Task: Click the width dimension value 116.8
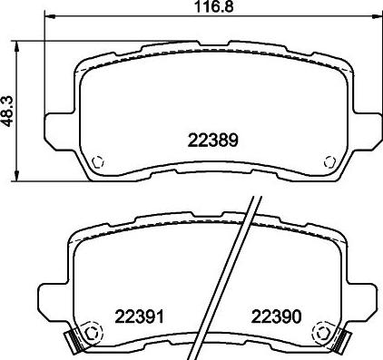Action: [x=214, y=6]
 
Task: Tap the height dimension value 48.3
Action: [x=6, y=112]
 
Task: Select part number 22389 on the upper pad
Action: [x=213, y=141]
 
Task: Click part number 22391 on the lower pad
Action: [x=139, y=316]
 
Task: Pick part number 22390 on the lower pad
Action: [x=277, y=316]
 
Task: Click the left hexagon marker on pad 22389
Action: [x=97, y=161]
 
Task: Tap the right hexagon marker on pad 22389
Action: [x=329, y=161]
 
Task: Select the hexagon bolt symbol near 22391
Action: [x=91, y=334]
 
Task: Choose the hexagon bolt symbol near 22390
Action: [x=323, y=334]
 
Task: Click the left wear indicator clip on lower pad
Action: [x=71, y=340]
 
